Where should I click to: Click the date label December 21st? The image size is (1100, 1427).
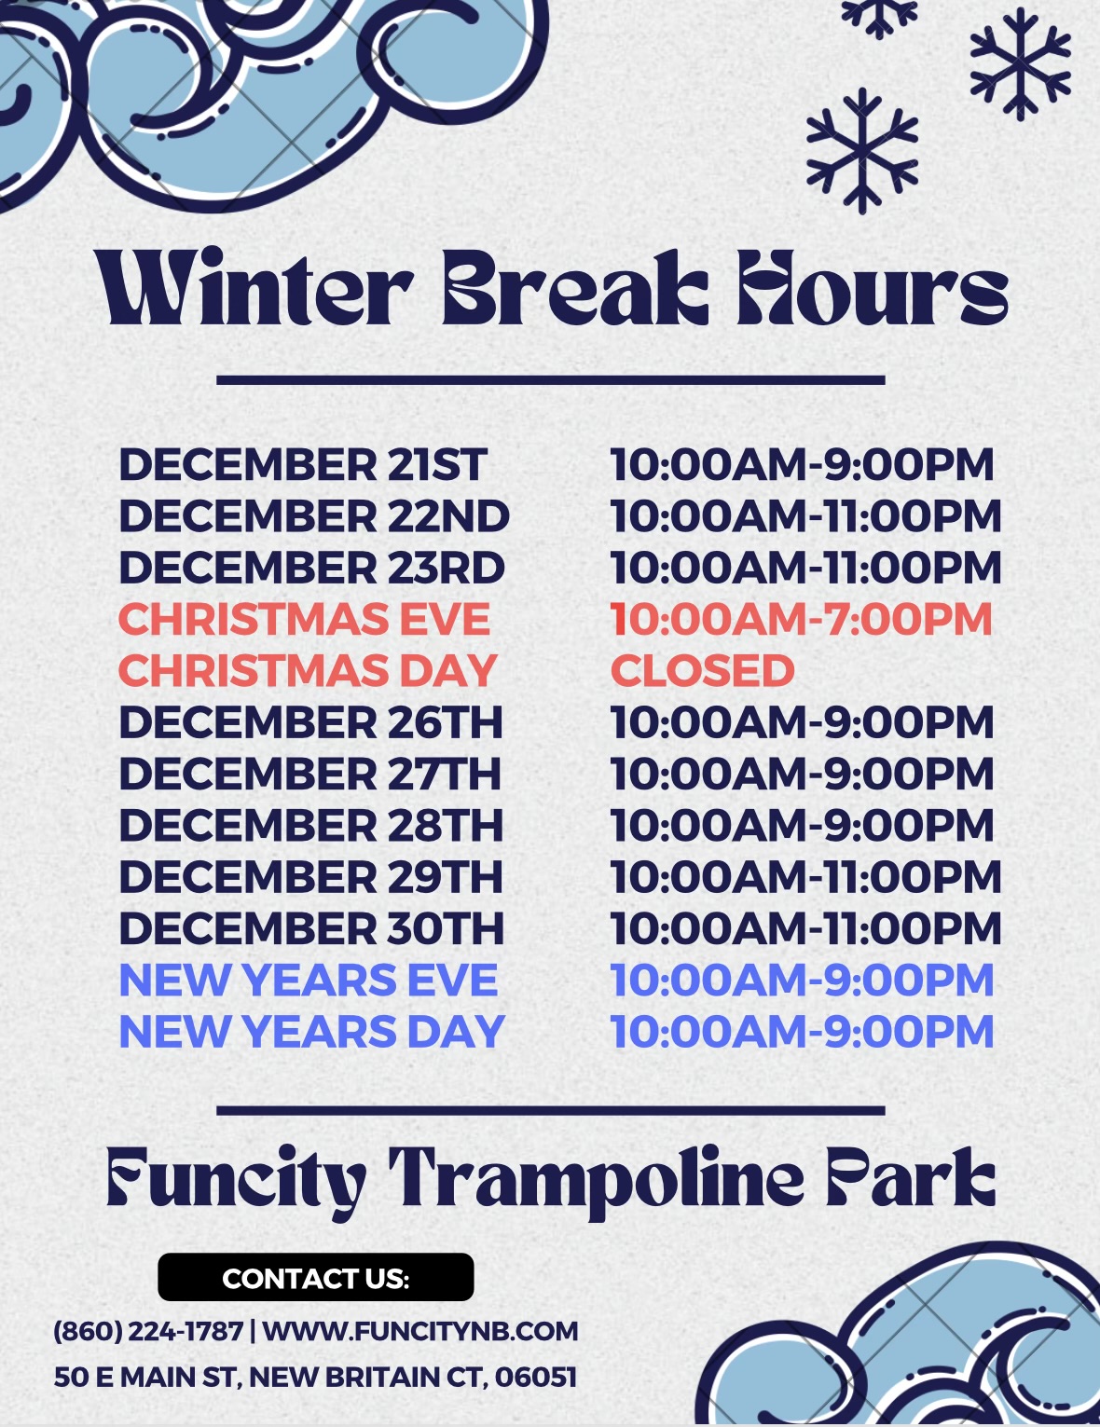pos(303,464)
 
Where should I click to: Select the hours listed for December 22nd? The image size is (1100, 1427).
pos(805,516)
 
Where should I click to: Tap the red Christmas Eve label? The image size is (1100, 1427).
pos(304,619)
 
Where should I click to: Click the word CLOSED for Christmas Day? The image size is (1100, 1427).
pos(703,670)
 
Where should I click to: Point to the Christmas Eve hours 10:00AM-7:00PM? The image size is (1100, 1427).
pos(801,619)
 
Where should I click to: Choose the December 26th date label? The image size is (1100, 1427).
pos(310,722)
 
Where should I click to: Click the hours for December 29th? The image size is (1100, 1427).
pos(805,877)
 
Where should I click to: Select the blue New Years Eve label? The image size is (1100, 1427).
pos(308,981)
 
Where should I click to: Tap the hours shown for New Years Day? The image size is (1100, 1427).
pos(802,1032)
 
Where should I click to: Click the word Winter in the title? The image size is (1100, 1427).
pos(254,288)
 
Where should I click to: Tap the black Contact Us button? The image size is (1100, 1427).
pos(316,1277)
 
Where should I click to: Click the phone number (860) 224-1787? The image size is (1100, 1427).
pos(148,1332)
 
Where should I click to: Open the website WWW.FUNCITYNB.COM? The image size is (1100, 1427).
pos(420,1332)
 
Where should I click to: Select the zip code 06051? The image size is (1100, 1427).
pos(536,1378)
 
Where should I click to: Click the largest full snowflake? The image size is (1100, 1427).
pos(861,151)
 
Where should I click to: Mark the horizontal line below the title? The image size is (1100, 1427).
pos(550,380)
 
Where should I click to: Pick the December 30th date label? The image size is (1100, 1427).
pos(311,928)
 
